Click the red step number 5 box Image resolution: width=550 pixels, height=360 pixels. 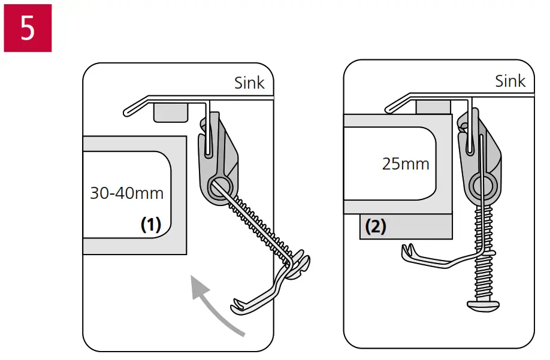28,28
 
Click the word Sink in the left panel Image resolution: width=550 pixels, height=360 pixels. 249,83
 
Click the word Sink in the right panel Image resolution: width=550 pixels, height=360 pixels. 510,81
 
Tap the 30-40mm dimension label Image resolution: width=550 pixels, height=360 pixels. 126,193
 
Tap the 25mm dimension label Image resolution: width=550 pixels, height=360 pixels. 406,164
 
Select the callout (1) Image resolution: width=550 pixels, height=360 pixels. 151,225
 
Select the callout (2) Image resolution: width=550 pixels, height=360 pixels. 376,227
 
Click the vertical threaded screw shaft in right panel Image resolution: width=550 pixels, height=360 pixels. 483,252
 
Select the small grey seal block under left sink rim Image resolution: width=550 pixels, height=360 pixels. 171,112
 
